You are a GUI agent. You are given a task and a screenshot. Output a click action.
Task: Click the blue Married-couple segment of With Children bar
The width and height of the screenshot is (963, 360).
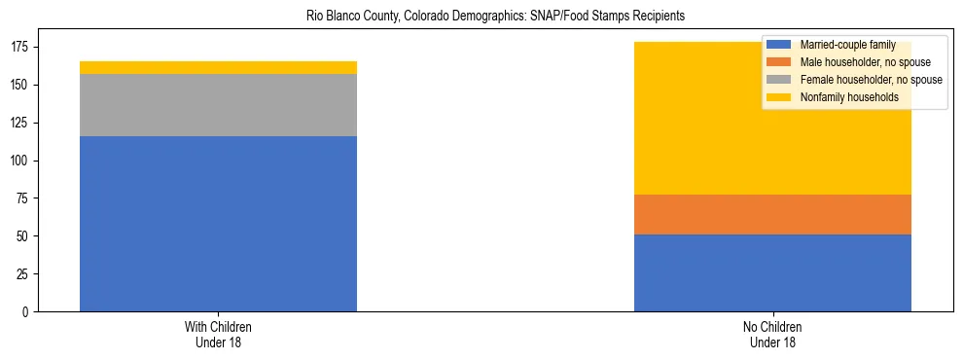[x=218, y=224]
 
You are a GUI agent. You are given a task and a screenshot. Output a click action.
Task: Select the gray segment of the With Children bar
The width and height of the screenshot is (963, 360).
[x=218, y=105]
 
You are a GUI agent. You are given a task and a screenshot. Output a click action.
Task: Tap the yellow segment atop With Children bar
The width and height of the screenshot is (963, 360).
[x=218, y=67]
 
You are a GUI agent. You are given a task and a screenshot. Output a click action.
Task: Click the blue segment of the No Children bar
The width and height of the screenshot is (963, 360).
[x=772, y=273]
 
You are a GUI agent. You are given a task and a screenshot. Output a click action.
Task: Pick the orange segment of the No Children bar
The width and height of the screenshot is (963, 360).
[x=772, y=215]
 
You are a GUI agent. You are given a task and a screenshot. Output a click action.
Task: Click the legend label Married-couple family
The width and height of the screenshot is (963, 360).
[x=846, y=45]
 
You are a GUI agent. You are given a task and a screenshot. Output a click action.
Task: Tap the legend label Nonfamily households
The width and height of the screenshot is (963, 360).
[x=847, y=97]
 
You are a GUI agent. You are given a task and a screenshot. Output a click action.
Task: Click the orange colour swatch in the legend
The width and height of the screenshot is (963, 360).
[x=779, y=62]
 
